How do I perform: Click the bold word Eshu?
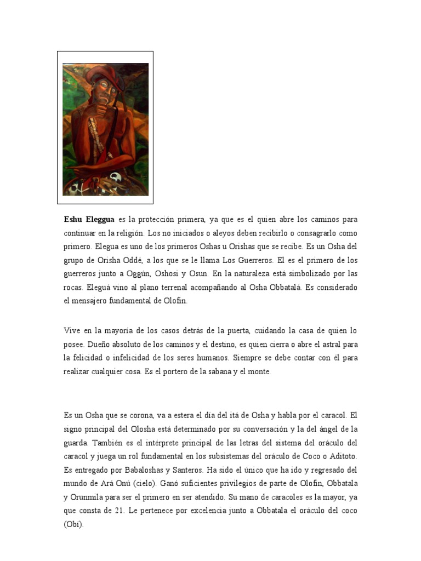tap(74, 220)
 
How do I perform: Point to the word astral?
tap(329, 345)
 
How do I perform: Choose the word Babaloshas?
tap(141, 470)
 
